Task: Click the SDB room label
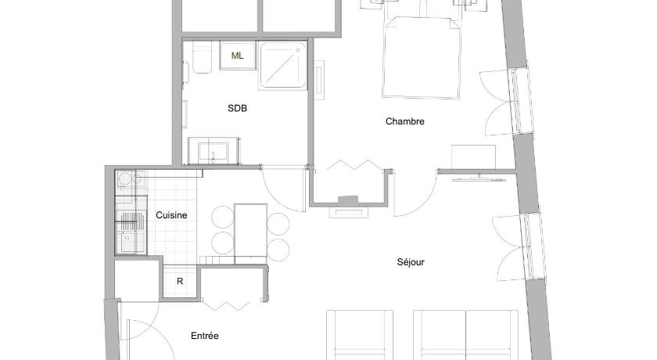pyautogui.click(x=237, y=108)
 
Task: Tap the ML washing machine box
pyautogui.click(x=238, y=56)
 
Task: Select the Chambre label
pyautogui.click(x=405, y=121)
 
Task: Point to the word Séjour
pyautogui.click(x=411, y=262)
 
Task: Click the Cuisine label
pyautogui.click(x=171, y=215)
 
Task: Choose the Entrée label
pyautogui.click(x=204, y=336)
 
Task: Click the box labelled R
pyautogui.click(x=180, y=281)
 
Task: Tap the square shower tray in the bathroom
pyautogui.click(x=283, y=66)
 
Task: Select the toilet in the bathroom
pyautogui.click(x=202, y=57)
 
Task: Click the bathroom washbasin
pyautogui.click(x=214, y=151)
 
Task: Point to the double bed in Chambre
pyautogui.click(x=422, y=56)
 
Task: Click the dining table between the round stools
pyautogui.click(x=250, y=233)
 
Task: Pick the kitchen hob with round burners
pyautogui.click(x=131, y=179)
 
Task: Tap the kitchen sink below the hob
pyautogui.click(x=131, y=238)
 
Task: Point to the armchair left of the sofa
pyautogui.click(x=360, y=334)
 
